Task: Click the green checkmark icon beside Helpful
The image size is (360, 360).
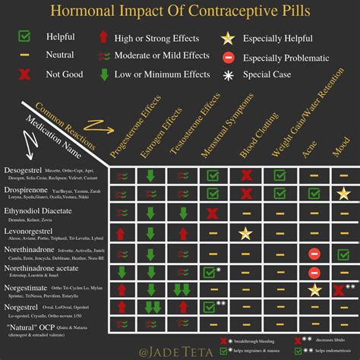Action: (24, 36)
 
